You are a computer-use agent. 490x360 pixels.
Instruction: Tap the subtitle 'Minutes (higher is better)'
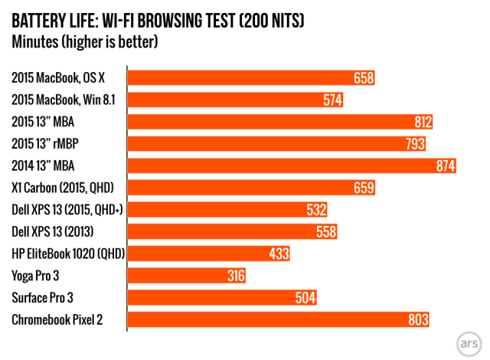[85, 41]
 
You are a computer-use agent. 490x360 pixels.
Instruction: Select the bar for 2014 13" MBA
[292, 165]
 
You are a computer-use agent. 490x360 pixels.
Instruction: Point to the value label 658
[364, 77]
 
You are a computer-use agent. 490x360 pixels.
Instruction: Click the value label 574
[332, 100]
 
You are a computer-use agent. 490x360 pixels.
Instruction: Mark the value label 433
[279, 254]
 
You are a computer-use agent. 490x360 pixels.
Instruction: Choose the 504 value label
[305, 298]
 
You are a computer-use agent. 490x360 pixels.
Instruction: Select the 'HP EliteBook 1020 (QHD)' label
[68, 254]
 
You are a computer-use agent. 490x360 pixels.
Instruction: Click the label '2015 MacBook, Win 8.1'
[65, 100]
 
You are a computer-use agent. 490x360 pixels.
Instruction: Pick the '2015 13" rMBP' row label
[47, 144]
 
